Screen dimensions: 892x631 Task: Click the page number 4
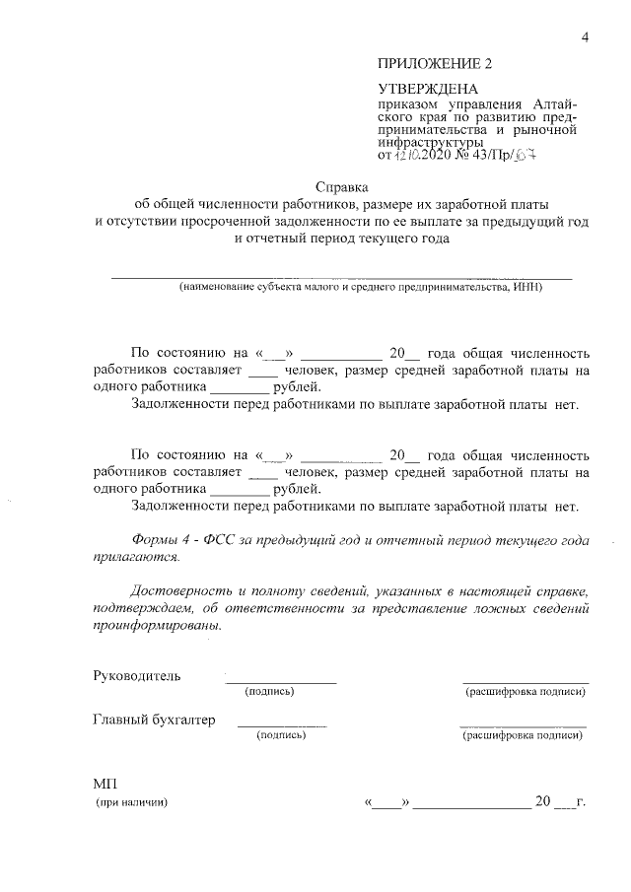(585, 38)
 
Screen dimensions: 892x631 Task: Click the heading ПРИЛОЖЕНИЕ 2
(434, 64)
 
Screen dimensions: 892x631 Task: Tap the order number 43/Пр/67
(511, 155)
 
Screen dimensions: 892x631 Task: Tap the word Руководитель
(137, 676)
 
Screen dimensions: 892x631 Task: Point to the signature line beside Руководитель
(281, 681)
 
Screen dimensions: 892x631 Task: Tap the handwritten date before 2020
(410, 155)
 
